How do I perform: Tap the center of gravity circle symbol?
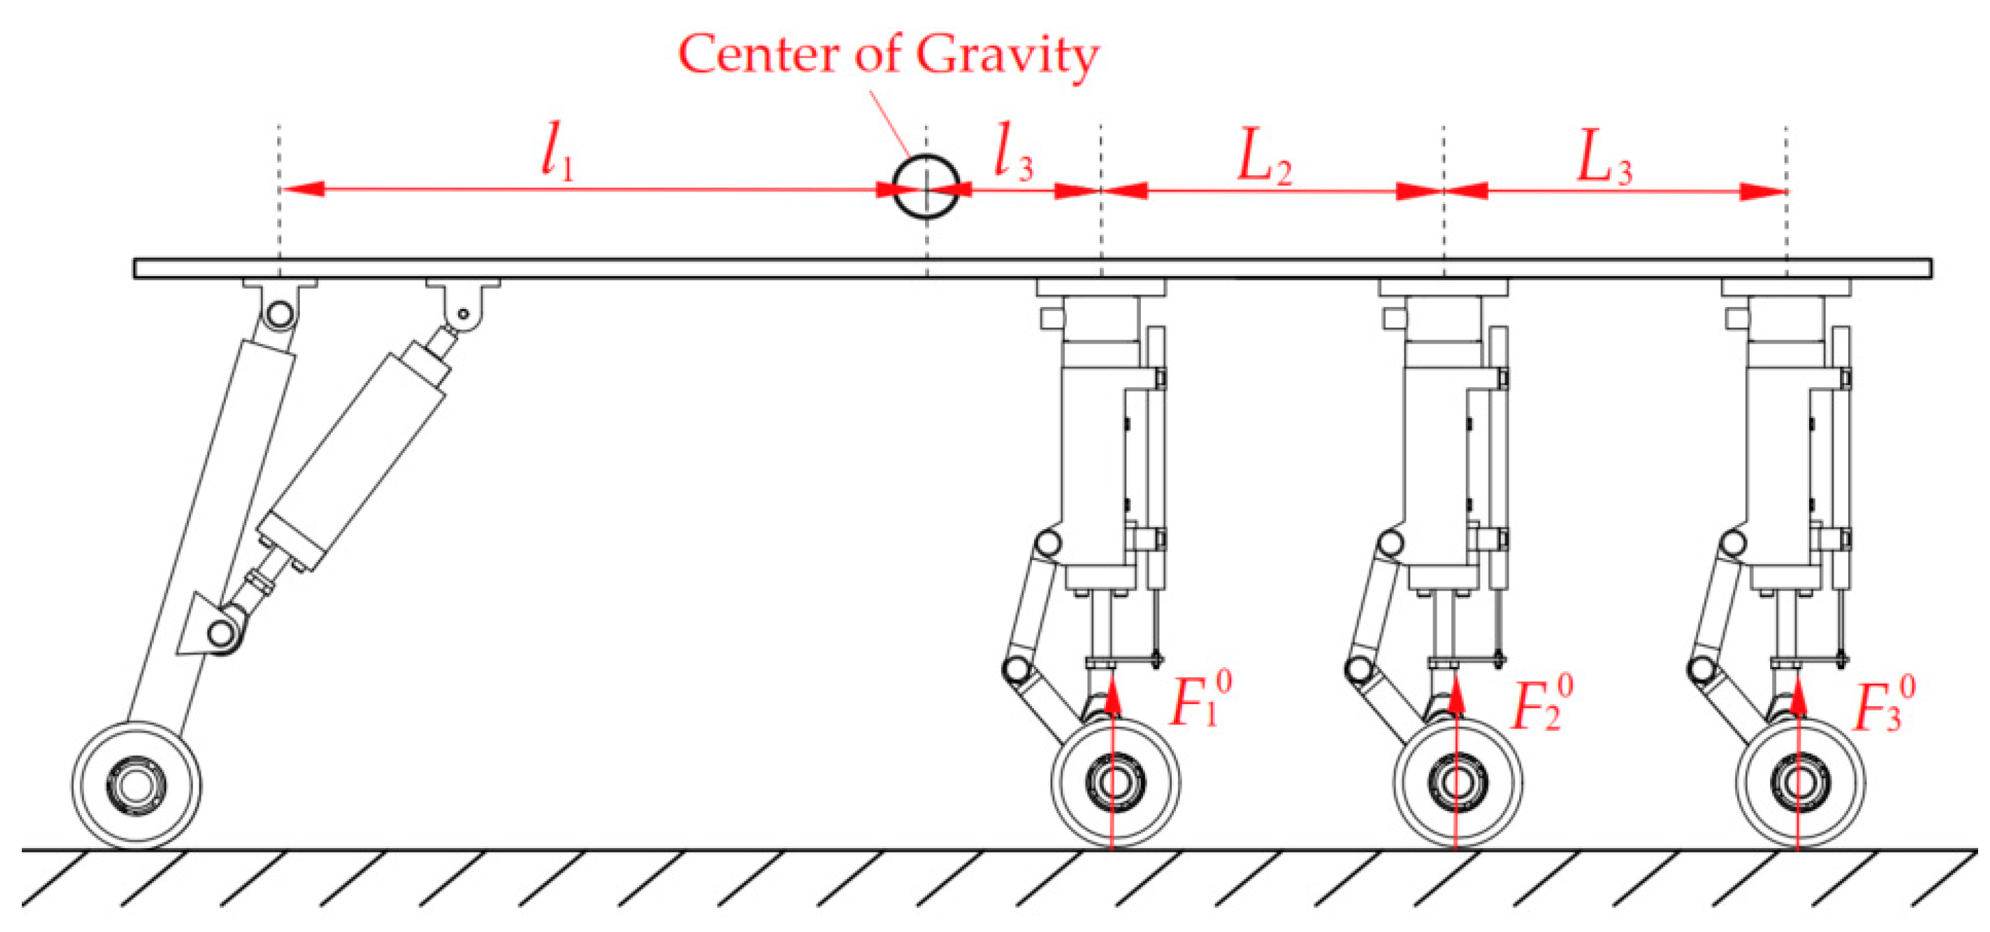click(926, 187)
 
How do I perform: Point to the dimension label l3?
click(1013, 153)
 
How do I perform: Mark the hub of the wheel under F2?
click(1457, 782)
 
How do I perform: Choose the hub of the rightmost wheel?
click(1799, 782)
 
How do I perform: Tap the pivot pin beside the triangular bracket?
click(222, 633)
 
